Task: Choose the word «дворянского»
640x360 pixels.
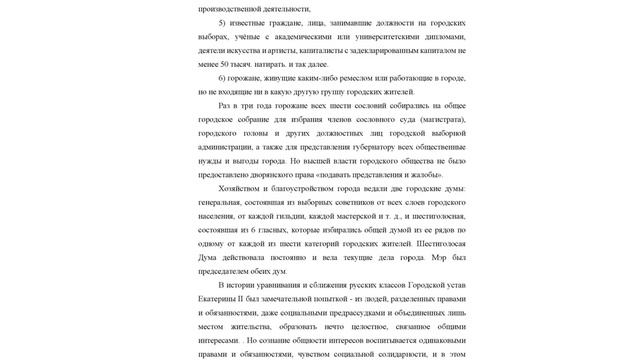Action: [258, 174]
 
